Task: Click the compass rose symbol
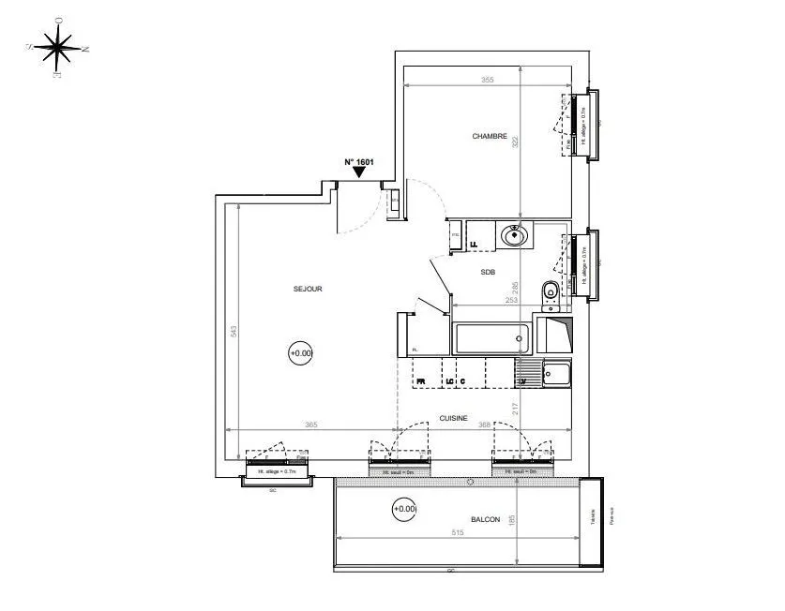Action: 58,47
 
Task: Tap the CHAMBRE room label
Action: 490,137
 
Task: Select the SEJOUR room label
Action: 308,290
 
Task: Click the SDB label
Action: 488,273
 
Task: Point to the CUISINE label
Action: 453,419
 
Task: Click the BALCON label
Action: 485,518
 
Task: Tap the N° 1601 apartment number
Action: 359,161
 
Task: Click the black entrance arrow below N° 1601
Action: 359,172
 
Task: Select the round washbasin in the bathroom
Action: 515,235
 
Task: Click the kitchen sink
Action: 556,375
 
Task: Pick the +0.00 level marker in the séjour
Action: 301,353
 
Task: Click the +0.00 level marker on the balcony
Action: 403,509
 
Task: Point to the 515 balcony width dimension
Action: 458,532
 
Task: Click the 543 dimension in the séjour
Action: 234,331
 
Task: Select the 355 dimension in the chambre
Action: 487,80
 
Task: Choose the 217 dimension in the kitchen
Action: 515,409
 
